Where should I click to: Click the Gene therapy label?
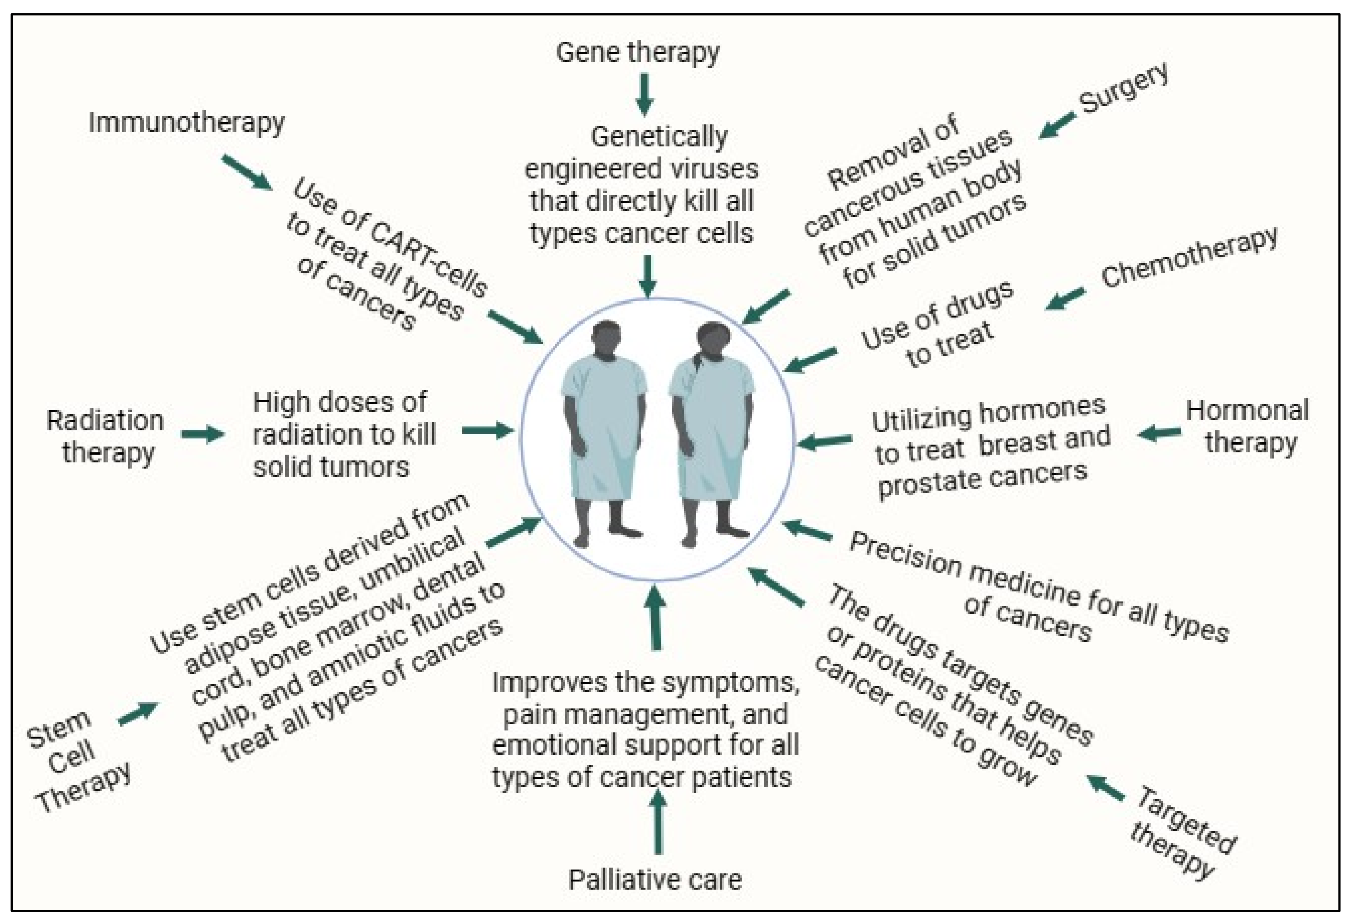tap(638, 53)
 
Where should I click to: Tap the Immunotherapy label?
tap(186, 123)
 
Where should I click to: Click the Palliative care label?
tap(655, 879)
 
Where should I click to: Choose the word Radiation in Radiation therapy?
tap(105, 421)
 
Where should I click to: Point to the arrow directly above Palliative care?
tap(658, 822)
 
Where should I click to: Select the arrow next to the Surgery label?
tap(1057, 126)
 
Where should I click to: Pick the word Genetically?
tap(659, 137)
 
